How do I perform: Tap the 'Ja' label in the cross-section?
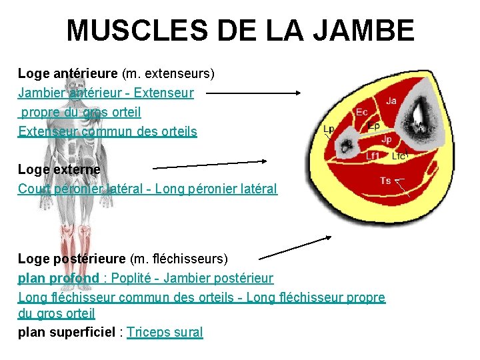[391, 101]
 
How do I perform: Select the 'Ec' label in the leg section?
[362, 112]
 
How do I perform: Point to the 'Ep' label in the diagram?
[374, 126]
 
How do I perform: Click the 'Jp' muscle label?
[387, 139]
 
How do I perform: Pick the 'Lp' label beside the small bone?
[329, 129]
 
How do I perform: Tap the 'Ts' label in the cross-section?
[385, 181]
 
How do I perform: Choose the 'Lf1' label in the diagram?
[373, 156]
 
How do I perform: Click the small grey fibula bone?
[347, 143]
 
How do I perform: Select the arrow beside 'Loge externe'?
[210, 163]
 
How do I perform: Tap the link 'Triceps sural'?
[165, 332]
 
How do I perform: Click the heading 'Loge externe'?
[59, 170]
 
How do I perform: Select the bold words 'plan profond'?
[59, 277]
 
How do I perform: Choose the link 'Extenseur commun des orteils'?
[107, 131]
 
